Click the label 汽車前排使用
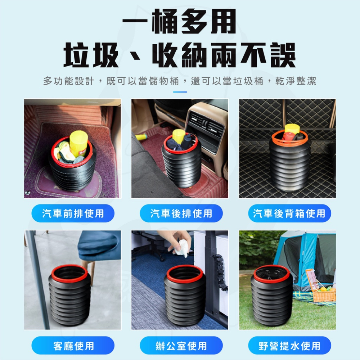(73, 213)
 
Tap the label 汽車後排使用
(181, 213)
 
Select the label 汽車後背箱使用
(289, 213)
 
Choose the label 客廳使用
(73, 346)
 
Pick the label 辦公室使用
(181, 346)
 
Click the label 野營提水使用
(289, 346)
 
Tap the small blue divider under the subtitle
(180, 92)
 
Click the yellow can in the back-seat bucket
(178, 136)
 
